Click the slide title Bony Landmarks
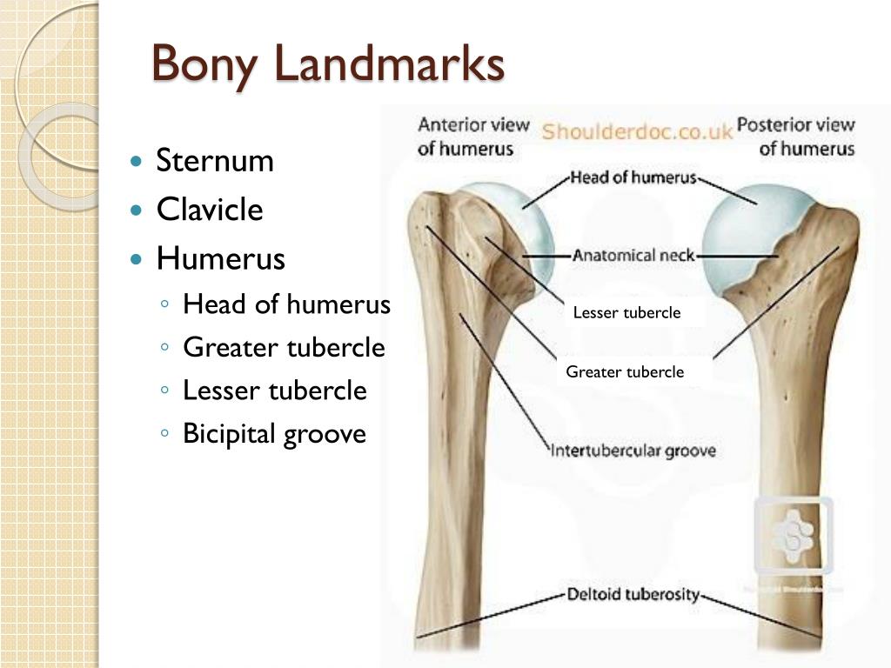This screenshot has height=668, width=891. click(327, 64)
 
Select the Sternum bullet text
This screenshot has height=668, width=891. click(215, 161)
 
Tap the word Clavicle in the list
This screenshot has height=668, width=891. click(210, 210)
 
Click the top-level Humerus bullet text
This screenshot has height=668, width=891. click(221, 259)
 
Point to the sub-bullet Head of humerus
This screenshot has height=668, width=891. click(286, 304)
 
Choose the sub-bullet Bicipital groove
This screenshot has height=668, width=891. click(274, 433)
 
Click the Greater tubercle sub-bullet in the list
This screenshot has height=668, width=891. click(284, 348)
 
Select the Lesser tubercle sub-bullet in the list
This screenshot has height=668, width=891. click(274, 391)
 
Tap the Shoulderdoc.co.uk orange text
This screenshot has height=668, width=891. click(638, 132)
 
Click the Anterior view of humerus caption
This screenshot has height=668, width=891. click(472, 136)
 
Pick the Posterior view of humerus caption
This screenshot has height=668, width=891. click(796, 136)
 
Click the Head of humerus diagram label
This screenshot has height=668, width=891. click(633, 178)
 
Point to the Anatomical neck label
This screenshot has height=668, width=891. click(633, 256)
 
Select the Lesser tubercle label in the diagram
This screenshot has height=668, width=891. click(626, 313)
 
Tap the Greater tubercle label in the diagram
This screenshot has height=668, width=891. click(625, 372)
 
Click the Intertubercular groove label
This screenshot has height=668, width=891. click(634, 451)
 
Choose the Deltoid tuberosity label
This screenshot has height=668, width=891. click(633, 596)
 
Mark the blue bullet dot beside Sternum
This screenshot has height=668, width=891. click(134, 162)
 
